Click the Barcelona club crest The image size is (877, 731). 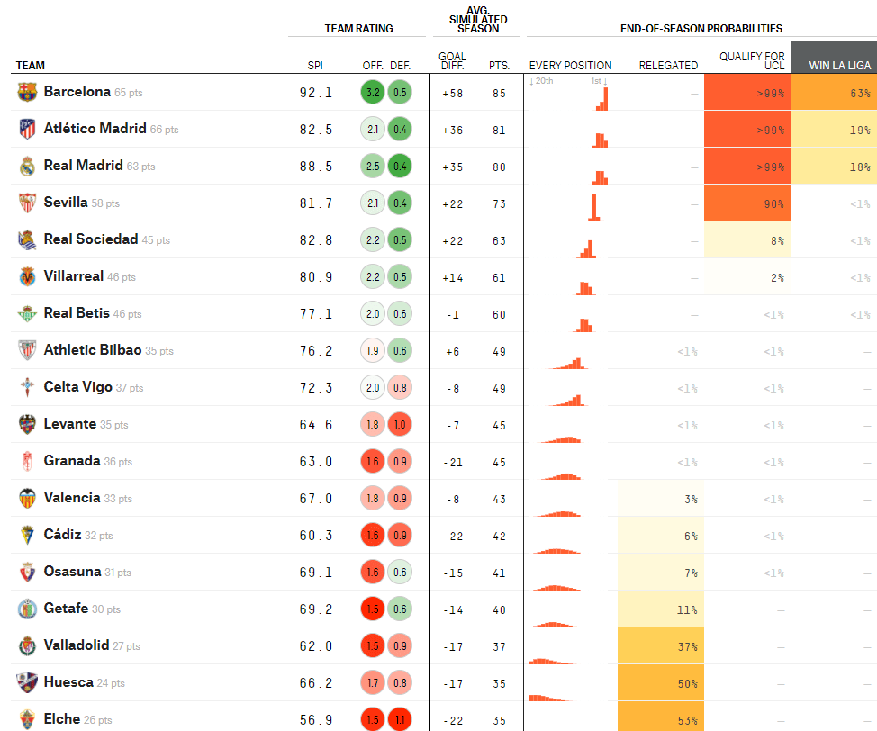(28, 92)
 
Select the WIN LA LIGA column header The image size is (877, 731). (834, 65)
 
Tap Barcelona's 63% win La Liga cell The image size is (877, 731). (834, 93)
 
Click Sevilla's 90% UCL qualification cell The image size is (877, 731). (747, 203)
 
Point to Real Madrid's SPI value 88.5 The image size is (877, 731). (316, 167)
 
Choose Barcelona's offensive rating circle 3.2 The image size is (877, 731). (372, 93)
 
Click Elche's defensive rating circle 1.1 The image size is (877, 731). (401, 720)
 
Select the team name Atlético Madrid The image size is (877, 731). (95, 129)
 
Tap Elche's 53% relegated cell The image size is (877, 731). (659, 720)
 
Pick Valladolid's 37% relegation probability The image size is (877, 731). (659, 646)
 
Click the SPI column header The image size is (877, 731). (315, 65)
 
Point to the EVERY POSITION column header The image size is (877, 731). (570, 65)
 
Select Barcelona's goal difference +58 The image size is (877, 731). (452, 93)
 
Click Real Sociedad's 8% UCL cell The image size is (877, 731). (747, 240)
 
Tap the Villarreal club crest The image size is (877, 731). (28, 276)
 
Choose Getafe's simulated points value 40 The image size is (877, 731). (499, 609)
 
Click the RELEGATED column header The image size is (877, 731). (668, 65)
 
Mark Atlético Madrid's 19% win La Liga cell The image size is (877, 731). (834, 130)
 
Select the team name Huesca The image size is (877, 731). (68, 682)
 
